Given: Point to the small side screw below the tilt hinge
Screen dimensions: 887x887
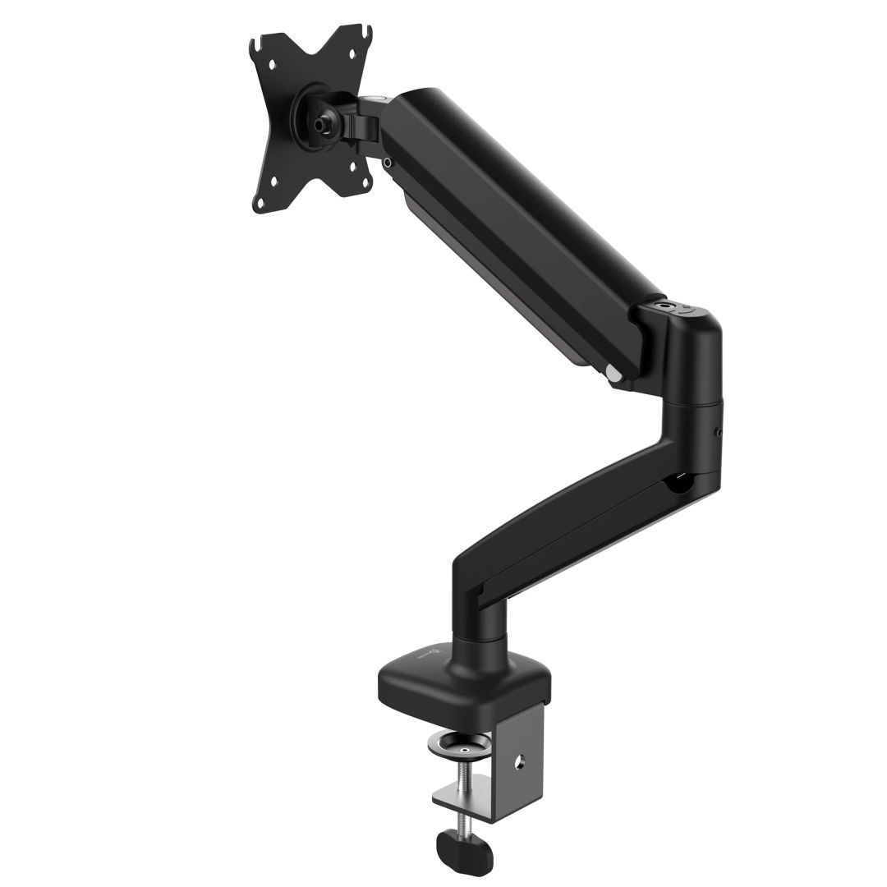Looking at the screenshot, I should click(x=386, y=163).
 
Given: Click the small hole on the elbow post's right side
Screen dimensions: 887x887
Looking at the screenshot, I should click(x=718, y=430).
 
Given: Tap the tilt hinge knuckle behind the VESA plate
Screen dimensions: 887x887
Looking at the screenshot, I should click(x=362, y=124).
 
